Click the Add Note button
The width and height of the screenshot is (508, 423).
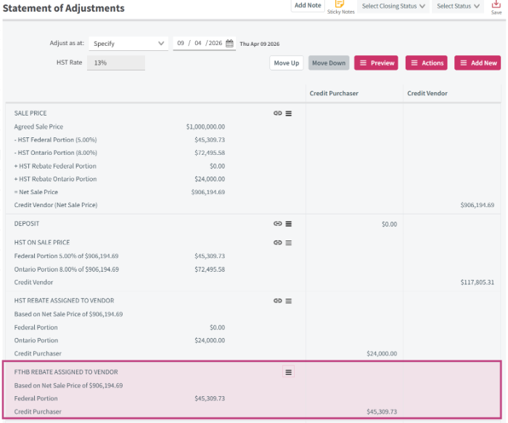click(x=308, y=6)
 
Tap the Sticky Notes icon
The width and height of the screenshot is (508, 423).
click(x=339, y=4)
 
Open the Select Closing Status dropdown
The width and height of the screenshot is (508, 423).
click(x=393, y=6)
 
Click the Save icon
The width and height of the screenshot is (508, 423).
click(x=496, y=4)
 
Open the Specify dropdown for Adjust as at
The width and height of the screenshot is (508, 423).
click(x=128, y=44)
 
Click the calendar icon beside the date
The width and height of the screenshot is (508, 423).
click(x=229, y=43)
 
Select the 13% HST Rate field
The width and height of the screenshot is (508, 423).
click(x=116, y=63)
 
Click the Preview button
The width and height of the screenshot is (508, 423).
click(x=376, y=63)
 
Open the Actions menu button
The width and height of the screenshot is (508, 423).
click(x=427, y=63)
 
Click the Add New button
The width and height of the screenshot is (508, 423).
click(x=478, y=63)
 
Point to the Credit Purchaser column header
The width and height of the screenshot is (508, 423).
click(x=334, y=94)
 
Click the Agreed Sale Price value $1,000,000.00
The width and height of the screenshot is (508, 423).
click(x=205, y=126)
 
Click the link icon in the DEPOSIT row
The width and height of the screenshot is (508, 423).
click(x=277, y=224)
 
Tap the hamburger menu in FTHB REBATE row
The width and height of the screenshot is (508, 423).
click(x=288, y=372)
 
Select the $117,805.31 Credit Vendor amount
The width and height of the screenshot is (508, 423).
click(x=478, y=282)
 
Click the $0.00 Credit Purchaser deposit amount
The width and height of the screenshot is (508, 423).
click(x=389, y=224)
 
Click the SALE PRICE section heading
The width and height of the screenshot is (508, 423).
click(x=30, y=113)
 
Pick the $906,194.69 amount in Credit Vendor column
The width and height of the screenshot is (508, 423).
click(x=478, y=205)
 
